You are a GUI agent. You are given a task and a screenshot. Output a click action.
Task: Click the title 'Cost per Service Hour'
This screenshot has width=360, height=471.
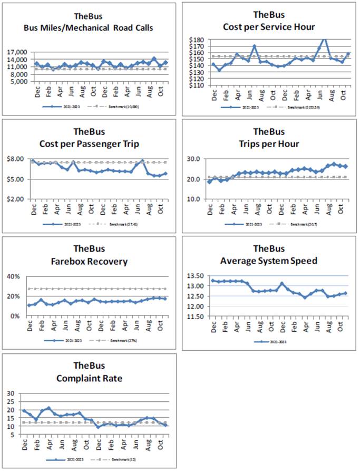[269, 27]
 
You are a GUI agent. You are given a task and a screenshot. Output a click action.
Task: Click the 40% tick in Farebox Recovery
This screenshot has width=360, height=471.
[13, 276]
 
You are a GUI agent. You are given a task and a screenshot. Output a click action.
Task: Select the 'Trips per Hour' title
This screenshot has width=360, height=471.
[269, 144]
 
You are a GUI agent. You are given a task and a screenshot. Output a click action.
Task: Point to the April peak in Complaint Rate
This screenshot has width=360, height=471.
[48, 408]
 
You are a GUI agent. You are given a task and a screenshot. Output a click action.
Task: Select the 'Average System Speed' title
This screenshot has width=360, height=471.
[269, 261]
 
